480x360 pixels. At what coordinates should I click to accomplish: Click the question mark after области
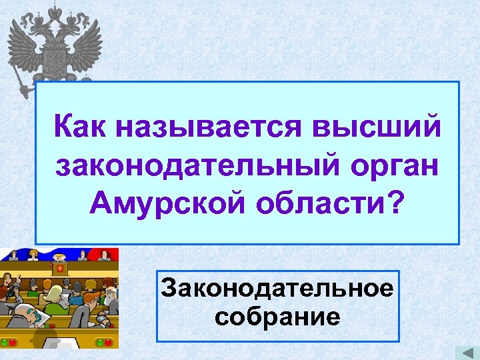click(x=395, y=203)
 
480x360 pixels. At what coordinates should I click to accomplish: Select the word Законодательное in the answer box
click(x=277, y=290)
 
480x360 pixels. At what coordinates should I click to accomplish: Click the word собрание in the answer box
click(x=277, y=315)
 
